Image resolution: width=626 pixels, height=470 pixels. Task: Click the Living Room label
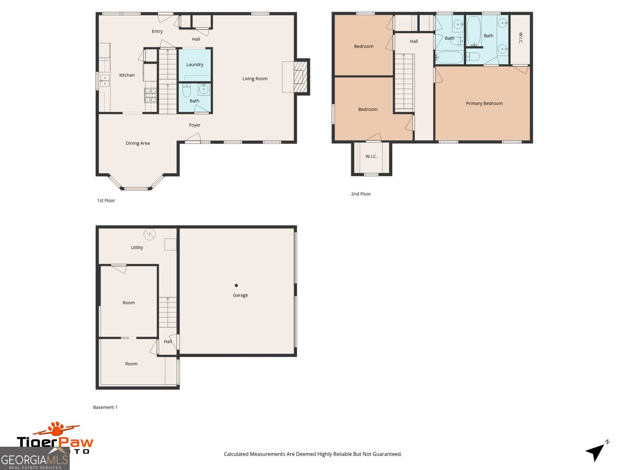255,79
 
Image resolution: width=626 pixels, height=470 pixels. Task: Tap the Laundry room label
195,65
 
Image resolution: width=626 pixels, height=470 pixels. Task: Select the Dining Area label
138,143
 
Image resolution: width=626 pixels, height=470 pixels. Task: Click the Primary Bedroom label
484,103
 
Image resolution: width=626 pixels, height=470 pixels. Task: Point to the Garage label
240,295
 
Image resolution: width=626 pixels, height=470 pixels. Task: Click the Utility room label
137,248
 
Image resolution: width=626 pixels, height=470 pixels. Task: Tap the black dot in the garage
236,286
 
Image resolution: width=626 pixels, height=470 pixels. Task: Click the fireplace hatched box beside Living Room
300,76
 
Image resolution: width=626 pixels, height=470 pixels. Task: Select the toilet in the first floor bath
187,91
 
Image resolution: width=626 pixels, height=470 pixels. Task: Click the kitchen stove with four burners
151,95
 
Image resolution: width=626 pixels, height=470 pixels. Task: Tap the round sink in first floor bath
203,89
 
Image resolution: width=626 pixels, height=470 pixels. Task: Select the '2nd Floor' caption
361,194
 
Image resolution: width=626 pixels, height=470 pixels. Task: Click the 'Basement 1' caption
105,407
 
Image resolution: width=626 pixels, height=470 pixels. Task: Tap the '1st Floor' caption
106,201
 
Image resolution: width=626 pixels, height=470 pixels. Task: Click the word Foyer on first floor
195,125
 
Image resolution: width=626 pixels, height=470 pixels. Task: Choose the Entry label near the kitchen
157,31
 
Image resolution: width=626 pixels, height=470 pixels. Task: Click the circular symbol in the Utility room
149,234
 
